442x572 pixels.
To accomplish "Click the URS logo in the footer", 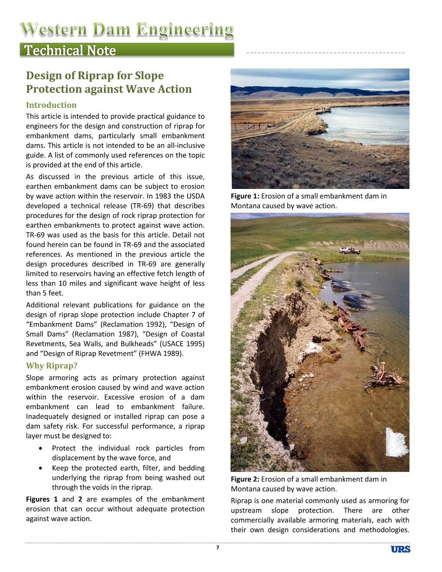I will coord(400,549).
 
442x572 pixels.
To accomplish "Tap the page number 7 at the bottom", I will coord(218,548).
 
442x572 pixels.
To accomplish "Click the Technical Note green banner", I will coord(127,50).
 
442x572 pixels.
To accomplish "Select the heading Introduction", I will coord(51,105).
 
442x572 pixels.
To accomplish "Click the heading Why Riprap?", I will coord(52,366).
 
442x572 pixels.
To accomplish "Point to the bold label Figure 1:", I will coord(245,196).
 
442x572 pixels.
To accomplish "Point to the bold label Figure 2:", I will coord(245,479).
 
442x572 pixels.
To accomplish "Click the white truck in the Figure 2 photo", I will coord(349,250).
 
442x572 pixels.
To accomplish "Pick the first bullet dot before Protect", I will coord(40,448).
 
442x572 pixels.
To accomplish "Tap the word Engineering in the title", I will coord(185,29).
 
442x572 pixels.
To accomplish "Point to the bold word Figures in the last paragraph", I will coord(38,499).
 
